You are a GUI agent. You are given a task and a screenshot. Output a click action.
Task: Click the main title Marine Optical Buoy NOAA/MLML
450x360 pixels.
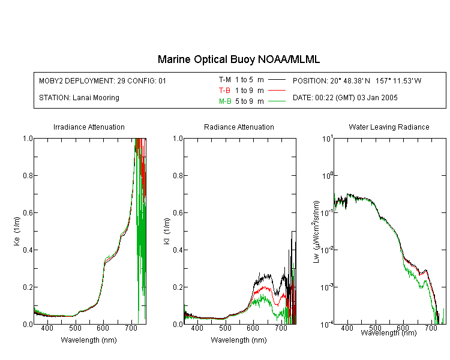[239, 59]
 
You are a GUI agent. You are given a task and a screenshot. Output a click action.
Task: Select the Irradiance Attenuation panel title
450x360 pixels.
[89, 127]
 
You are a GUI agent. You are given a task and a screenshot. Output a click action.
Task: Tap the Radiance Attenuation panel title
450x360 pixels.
[239, 127]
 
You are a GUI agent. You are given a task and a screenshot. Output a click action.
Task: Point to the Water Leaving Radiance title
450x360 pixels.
[389, 127]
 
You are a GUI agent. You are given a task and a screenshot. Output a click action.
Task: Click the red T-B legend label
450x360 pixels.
[224, 91]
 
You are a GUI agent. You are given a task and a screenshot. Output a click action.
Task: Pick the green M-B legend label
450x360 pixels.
[225, 101]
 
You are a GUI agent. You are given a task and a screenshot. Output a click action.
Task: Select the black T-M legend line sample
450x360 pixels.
[277, 80]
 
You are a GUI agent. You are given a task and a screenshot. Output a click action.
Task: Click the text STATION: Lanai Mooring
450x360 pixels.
[79, 98]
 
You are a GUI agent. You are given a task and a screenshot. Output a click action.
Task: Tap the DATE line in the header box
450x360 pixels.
[345, 98]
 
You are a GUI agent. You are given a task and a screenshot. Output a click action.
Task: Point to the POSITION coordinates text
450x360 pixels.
[357, 80]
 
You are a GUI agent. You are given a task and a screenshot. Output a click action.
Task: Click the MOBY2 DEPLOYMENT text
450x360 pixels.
[103, 80]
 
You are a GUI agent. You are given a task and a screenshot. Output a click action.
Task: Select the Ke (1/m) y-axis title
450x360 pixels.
[17, 232]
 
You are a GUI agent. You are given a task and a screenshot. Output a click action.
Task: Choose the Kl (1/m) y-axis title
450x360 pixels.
[167, 232]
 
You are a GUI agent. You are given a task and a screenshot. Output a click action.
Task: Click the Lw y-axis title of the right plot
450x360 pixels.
[316, 232]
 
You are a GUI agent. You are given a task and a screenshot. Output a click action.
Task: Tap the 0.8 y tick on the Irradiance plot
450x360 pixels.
[28, 175]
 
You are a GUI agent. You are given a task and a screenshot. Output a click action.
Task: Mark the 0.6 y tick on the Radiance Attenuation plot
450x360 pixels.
[178, 213]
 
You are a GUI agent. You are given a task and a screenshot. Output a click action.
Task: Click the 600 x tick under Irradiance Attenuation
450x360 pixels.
[103, 328]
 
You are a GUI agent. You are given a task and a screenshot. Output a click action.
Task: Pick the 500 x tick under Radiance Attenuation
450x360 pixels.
[225, 328]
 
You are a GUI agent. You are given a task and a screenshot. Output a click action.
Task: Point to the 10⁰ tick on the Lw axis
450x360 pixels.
[327, 175]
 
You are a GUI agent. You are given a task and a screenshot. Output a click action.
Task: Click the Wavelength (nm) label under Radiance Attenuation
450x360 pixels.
[239, 340]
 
